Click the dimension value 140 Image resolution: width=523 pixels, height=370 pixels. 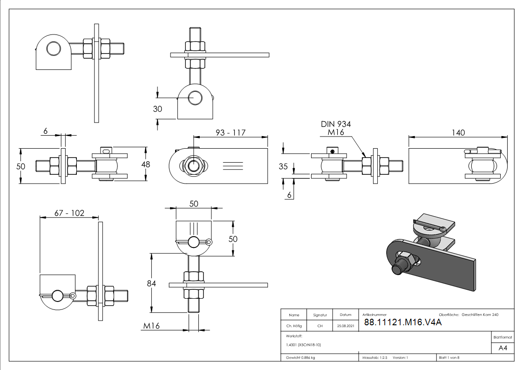[458, 133]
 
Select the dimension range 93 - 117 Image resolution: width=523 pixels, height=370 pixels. [231, 133]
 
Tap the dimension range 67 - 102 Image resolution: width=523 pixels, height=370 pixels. [69, 213]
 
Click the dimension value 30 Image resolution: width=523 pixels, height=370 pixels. [158, 109]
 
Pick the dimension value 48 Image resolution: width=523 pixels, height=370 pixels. [146, 164]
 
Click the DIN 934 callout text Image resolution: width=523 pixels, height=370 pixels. [336, 124]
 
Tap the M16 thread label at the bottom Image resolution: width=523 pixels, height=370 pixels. [151, 326]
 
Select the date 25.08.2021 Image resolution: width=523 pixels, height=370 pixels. [345, 326]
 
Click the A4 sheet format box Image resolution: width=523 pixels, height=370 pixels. [503, 348]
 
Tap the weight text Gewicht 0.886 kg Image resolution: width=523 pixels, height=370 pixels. [301, 358]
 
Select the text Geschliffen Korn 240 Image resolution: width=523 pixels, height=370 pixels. [480, 315]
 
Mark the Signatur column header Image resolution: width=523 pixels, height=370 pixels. [320, 315]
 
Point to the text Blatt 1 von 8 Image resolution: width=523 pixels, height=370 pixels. [449, 358]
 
